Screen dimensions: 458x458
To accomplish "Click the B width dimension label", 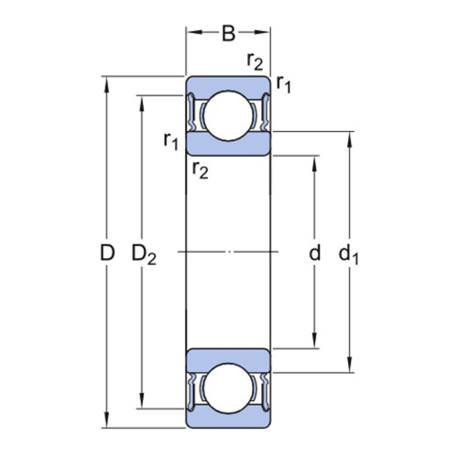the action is pyautogui.click(x=229, y=34).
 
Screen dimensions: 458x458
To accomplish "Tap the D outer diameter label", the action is pyautogui.click(x=107, y=253).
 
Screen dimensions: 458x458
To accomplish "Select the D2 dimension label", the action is pyautogui.click(x=144, y=255).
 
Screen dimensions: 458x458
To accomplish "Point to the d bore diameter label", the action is pyautogui.click(x=315, y=252).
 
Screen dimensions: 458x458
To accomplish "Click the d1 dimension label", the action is pyautogui.click(x=348, y=254).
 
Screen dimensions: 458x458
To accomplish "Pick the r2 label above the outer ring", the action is pyautogui.click(x=255, y=62).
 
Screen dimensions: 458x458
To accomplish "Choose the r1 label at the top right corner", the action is pyautogui.click(x=284, y=84).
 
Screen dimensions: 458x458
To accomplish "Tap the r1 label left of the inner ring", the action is pyautogui.click(x=171, y=141).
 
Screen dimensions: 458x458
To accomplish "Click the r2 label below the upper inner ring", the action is pyautogui.click(x=201, y=169).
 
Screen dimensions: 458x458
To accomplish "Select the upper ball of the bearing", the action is pyautogui.click(x=228, y=115).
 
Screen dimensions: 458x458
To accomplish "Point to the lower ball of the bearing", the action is pyautogui.click(x=228, y=388).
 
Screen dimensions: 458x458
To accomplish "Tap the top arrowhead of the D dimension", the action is pyautogui.click(x=106, y=84).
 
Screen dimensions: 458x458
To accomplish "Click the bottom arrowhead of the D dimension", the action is pyautogui.click(x=106, y=420).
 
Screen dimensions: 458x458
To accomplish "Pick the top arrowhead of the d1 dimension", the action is pyautogui.click(x=350, y=139).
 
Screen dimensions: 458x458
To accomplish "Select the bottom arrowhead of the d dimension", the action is pyautogui.click(x=315, y=341).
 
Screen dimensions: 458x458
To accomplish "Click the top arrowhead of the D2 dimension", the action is pyautogui.click(x=142, y=104).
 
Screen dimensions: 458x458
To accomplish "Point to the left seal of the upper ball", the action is pyautogui.click(x=191, y=112).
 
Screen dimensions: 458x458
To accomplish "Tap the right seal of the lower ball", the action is pyautogui.click(x=266, y=392).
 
